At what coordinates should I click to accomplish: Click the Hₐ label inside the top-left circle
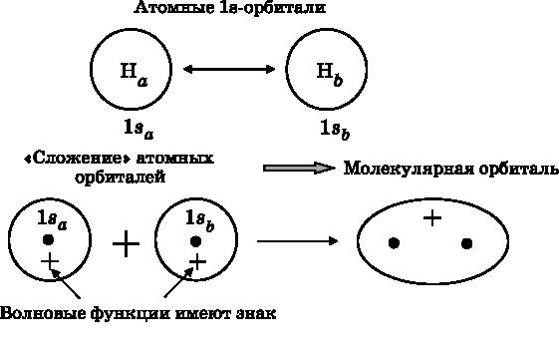click(x=132, y=71)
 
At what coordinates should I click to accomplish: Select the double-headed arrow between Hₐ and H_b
click(x=229, y=70)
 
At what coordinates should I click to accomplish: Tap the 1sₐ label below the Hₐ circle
click(x=138, y=128)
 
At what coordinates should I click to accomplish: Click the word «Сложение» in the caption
click(x=70, y=157)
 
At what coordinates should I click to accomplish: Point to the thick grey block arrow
click(x=298, y=168)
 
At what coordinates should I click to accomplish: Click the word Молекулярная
click(x=404, y=168)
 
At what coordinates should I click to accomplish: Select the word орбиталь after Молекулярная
click(x=511, y=168)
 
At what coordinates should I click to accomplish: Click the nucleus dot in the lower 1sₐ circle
click(x=47, y=240)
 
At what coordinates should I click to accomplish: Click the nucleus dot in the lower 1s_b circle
click(x=195, y=240)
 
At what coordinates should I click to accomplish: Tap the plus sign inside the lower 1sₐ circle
click(x=50, y=262)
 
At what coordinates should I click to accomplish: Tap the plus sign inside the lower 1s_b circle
click(x=197, y=262)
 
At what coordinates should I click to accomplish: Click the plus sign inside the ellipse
click(x=431, y=217)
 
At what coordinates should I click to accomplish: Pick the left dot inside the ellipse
click(x=395, y=242)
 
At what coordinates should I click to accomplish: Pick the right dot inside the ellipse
click(x=466, y=242)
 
